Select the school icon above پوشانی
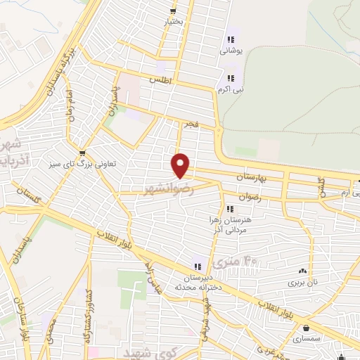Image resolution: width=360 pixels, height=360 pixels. (229, 40)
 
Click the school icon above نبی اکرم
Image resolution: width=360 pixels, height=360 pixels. (230, 79)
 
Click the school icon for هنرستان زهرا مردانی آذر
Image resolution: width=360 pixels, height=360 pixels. (229, 208)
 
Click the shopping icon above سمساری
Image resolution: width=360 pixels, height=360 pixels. (307, 327)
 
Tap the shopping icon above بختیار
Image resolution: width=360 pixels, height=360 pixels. (173, 11)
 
